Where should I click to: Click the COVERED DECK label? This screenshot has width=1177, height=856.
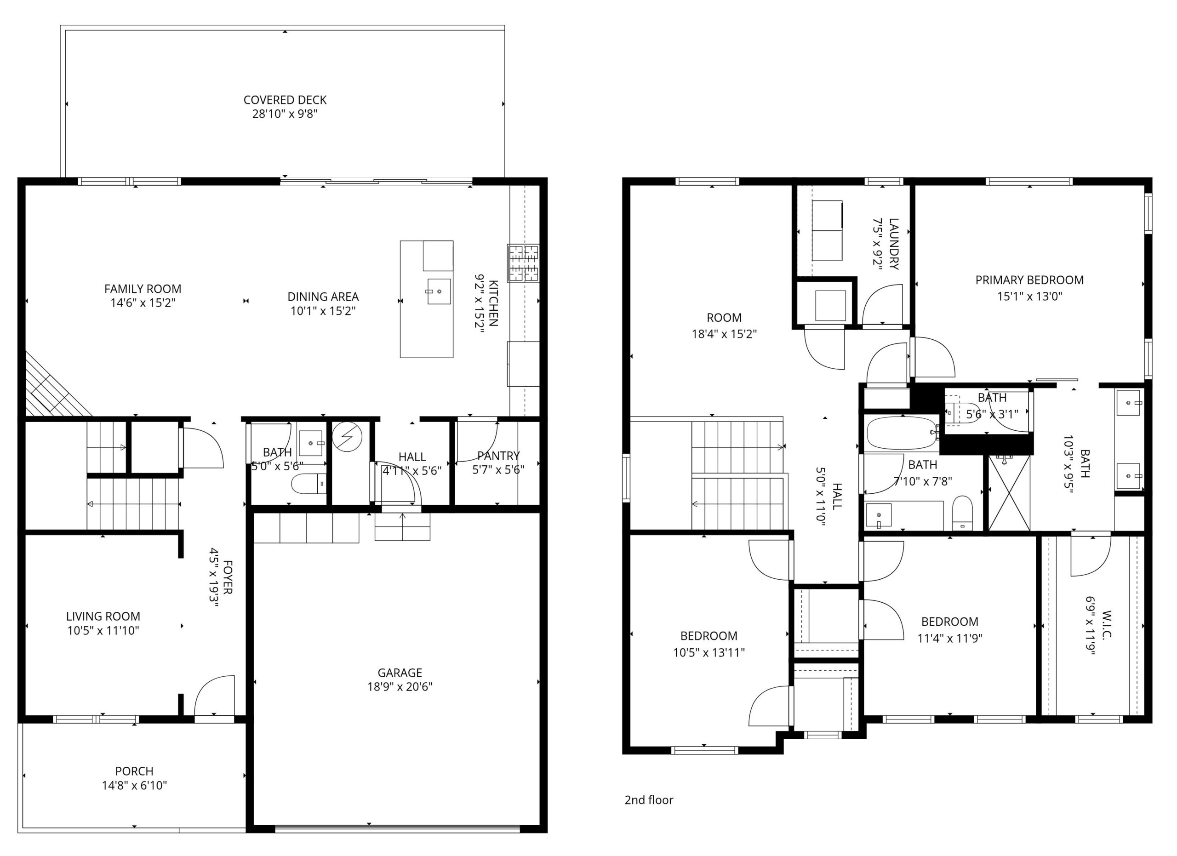pyautogui.click(x=285, y=100)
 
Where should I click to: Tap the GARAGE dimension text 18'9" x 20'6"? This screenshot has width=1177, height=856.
pyautogui.click(x=400, y=687)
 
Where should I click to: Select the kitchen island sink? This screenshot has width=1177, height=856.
pyautogui.click(x=439, y=291)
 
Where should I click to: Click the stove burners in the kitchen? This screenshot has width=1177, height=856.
pyautogui.click(x=523, y=263)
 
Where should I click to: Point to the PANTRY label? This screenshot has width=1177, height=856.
pyautogui.click(x=498, y=456)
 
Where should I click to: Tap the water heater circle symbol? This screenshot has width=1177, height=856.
pyautogui.click(x=347, y=436)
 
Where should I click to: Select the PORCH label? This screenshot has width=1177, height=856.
pyautogui.click(x=134, y=771)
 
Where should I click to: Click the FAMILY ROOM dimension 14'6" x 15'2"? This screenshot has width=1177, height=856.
pyautogui.click(x=143, y=303)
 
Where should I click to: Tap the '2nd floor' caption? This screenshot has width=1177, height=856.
pyautogui.click(x=649, y=800)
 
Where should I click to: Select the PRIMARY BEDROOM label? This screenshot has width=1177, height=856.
pyautogui.click(x=1029, y=280)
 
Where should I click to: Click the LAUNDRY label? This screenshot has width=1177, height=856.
pyautogui.click(x=894, y=244)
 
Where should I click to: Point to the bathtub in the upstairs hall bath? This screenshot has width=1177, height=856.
pyautogui.click(x=902, y=433)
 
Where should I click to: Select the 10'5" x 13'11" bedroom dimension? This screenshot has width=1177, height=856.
pyautogui.click(x=709, y=653)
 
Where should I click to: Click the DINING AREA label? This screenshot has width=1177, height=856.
pyautogui.click(x=323, y=297)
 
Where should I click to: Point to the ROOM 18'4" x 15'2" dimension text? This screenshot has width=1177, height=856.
pyautogui.click(x=724, y=334)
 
